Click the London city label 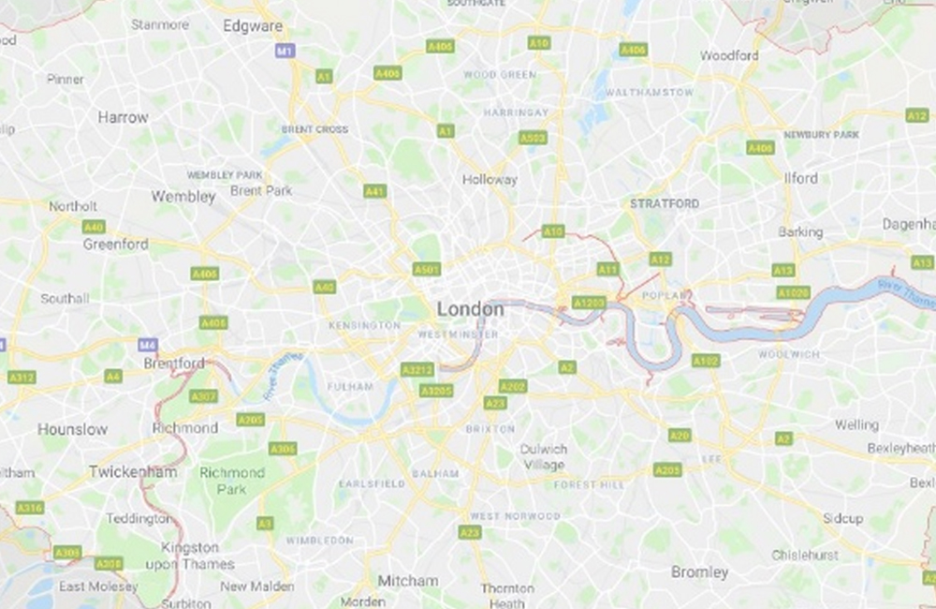pos(470,309)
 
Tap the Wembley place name pos(183,197)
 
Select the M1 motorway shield pos(285,51)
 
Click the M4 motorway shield pos(148,345)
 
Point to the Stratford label pos(665,203)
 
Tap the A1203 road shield pos(589,303)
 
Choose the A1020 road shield pos(793,293)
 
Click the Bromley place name pos(699,572)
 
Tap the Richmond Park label pos(231,481)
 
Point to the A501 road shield pos(426,269)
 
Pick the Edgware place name pos(253,26)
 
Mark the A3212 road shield pos(417,370)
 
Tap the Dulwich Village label pos(544,457)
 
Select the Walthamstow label pos(650,93)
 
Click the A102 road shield pos(706,361)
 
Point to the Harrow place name pos(123,118)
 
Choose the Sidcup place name pos(843,518)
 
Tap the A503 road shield pos(533,138)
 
